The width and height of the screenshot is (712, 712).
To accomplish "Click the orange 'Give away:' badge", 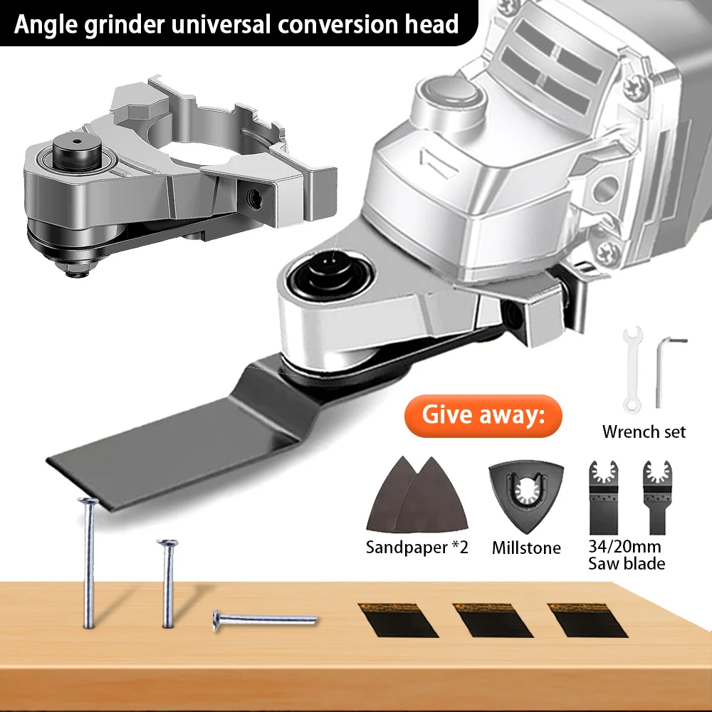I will click(x=481, y=415).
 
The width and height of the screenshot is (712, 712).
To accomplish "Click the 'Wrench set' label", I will click(x=644, y=431).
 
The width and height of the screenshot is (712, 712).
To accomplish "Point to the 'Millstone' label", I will click(x=526, y=548).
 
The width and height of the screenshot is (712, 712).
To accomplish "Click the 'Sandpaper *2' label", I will click(x=417, y=548).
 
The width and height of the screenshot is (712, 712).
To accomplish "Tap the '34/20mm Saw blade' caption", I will click(x=627, y=555).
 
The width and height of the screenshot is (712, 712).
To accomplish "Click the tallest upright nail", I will click(x=88, y=562).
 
